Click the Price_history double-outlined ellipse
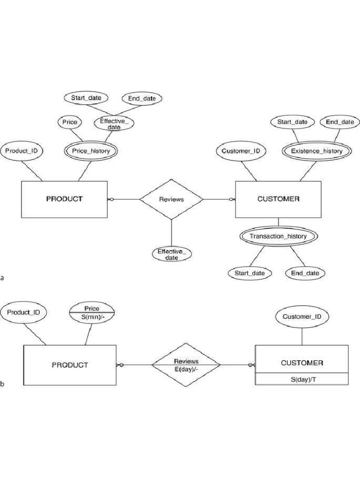tap(90, 151)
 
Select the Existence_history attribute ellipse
tap(316, 151)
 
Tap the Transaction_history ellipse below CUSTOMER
tap(278, 236)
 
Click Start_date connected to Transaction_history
tap(250, 273)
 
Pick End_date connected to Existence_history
tap(340, 122)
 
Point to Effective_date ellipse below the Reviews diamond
tap(172, 255)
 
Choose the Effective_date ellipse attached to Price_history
tap(114, 124)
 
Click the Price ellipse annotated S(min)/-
tap(92, 313)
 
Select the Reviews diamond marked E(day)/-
tap(186, 365)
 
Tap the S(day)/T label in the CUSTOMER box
tap(302, 379)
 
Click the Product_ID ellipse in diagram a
tap(21, 151)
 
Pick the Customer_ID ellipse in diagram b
tap(302, 317)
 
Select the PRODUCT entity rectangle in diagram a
tap(64, 199)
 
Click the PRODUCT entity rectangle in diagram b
tap(69, 365)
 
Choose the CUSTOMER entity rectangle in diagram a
tap(278, 199)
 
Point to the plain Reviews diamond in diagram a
tap(172, 199)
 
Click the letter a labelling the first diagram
tap(2, 278)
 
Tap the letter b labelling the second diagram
tap(2, 384)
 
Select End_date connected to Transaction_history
tap(305, 273)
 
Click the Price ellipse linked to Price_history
tap(69, 122)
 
